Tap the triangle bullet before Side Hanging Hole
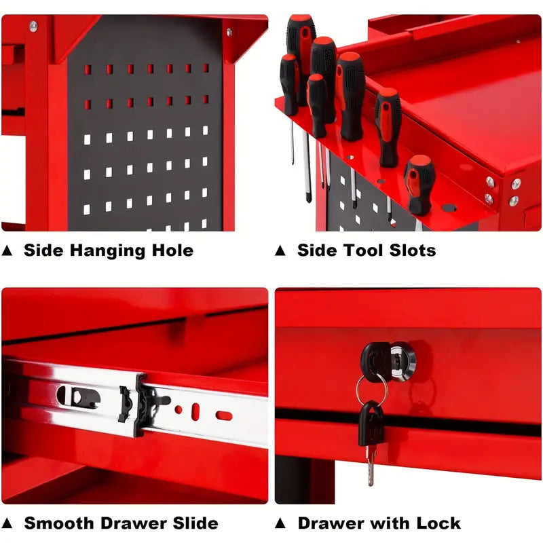coord(7,250)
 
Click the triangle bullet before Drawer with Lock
coord(280,523)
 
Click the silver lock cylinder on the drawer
coord(402,359)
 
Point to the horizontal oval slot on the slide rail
coord(224,415)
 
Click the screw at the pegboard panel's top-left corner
coord(33,26)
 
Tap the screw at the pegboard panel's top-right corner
coord(229,32)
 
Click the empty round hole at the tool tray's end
coord(449,208)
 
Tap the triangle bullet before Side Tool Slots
coord(280,250)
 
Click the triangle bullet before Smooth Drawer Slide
coord(7,523)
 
